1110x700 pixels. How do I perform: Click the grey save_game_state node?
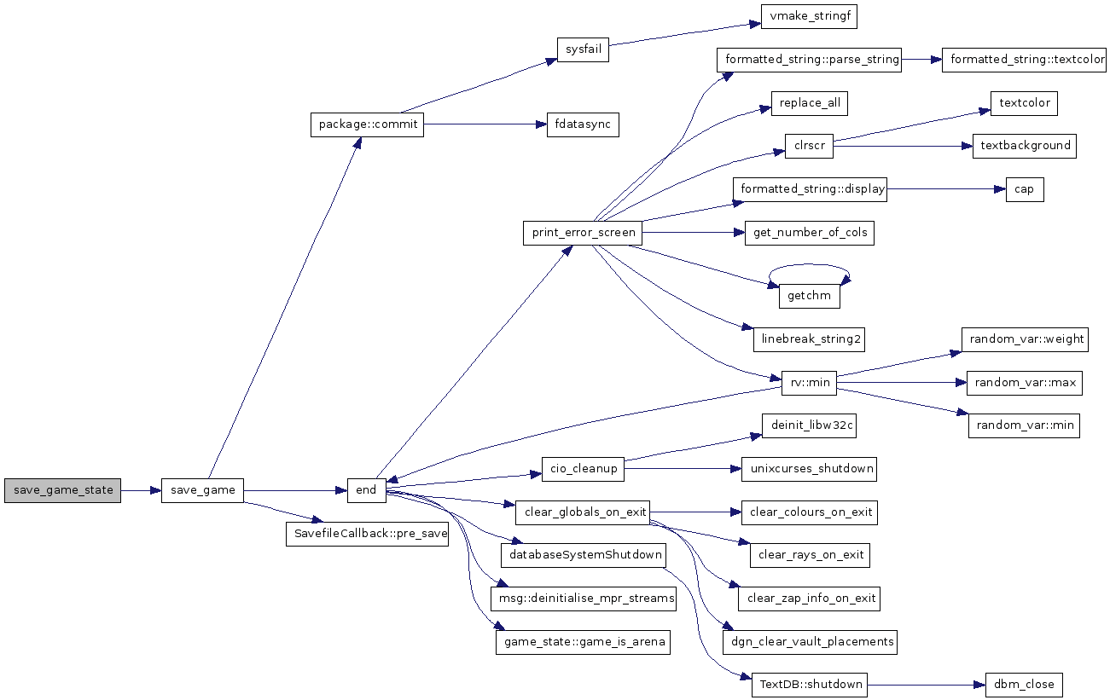[x=63, y=490]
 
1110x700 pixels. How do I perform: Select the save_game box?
[x=202, y=490]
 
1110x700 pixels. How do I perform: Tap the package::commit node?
[x=367, y=124]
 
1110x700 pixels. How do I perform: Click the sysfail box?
[x=583, y=49]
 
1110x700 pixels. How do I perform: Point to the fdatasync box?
[x=583, y=124]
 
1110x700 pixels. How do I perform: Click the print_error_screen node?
[x=583, y=233]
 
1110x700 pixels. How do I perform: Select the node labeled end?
[x=366, y=490]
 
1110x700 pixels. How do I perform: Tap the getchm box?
[x=809, y=296]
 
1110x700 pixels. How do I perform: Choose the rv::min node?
[x=809, y=383]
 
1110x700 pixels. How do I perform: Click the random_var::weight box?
[x=1023, y=339]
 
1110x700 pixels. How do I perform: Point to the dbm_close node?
[x=1024, y=684]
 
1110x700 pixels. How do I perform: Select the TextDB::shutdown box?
[x=809, y=684]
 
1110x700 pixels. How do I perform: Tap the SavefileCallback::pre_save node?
[x=367, y=534]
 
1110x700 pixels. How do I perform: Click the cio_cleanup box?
[x=583, y=469]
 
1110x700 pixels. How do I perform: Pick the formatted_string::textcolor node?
[x=1024, y=60]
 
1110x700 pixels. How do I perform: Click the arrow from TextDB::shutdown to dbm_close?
[x=926, y=684]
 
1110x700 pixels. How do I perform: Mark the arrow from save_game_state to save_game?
[x=141, y=490]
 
